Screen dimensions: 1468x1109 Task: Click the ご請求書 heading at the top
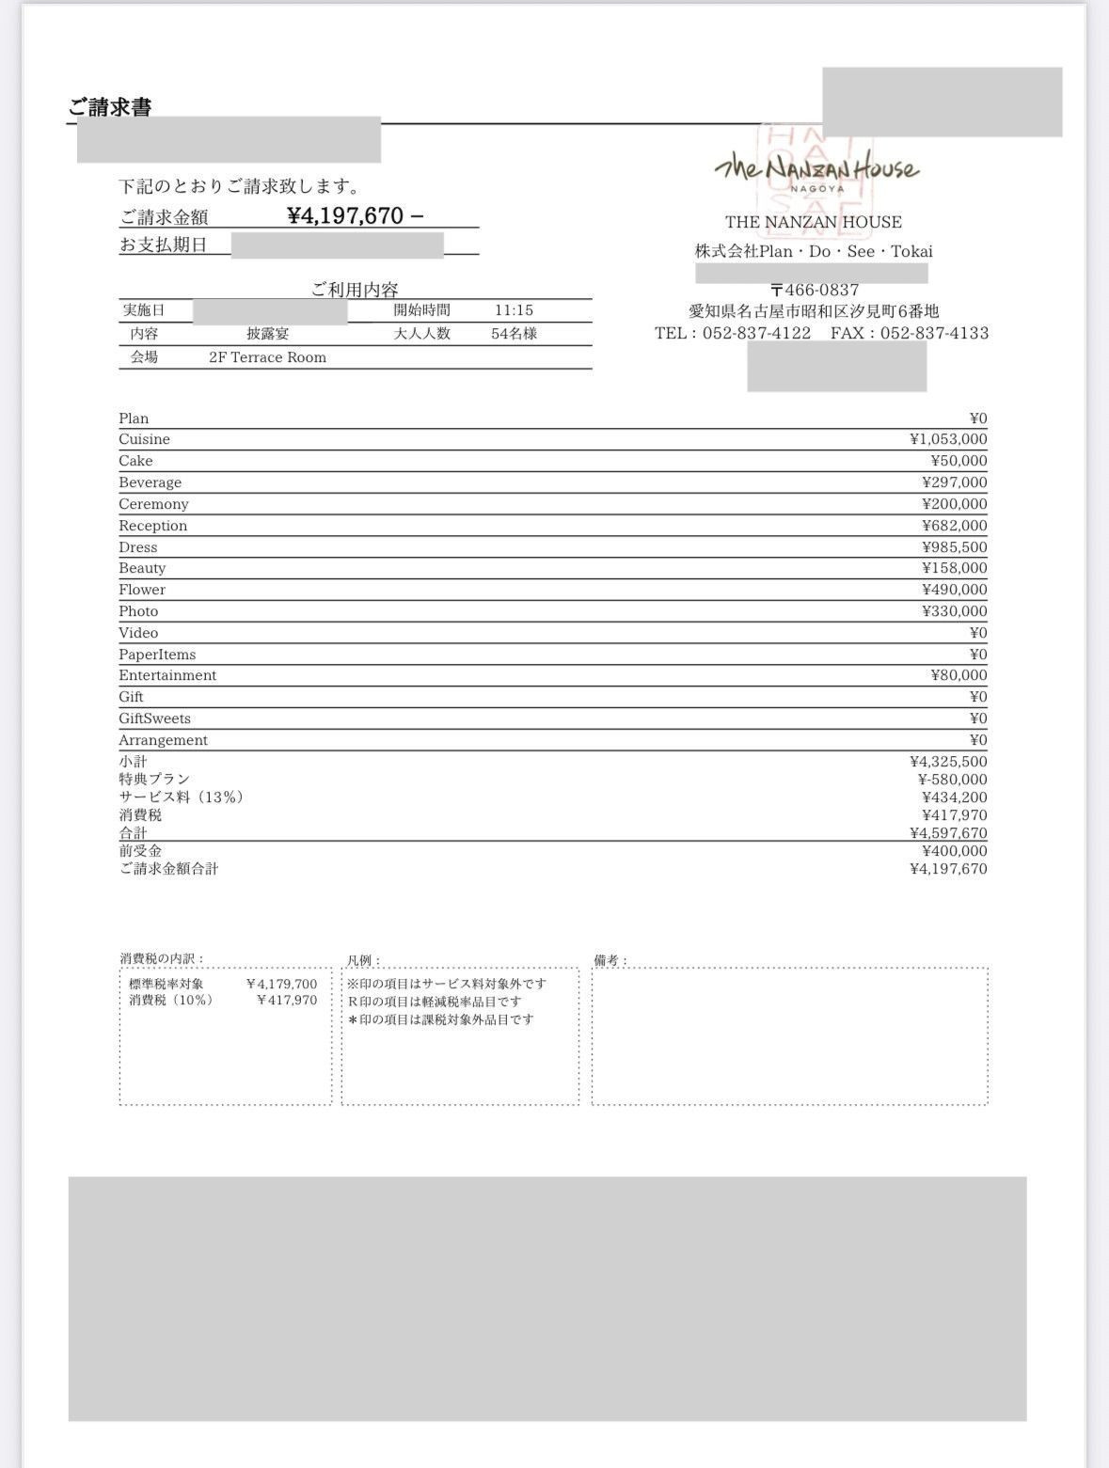click(110, 107)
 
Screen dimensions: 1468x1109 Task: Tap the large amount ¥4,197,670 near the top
click(345, 215)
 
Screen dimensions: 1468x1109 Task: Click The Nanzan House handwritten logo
click(816, 169)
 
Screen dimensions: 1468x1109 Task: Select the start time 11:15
click(514, 310)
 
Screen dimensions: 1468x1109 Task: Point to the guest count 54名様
click(514, 334)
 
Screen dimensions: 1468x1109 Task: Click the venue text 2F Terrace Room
click(267, 357)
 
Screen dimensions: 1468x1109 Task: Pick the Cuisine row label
click(144, 439)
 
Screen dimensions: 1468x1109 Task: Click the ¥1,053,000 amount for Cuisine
click(948, 439)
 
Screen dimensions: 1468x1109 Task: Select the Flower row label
click(142, 590)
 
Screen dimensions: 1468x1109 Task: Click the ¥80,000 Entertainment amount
click(958, 675)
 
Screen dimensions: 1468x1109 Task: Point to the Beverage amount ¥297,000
click(954, 482)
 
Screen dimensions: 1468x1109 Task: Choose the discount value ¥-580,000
click(952, 780)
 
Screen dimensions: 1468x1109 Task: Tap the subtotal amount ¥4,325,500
click(948, 762)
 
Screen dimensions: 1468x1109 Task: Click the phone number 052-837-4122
click(756, 333)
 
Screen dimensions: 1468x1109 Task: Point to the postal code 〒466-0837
click(814, 290)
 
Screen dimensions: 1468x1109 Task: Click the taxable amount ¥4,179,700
click(281, 985)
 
